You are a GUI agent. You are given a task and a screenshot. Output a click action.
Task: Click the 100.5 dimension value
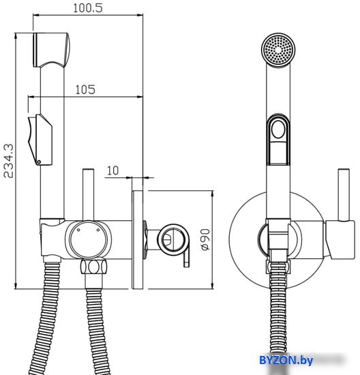(x=88, y=8)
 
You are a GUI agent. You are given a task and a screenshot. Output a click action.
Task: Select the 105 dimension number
(x=85, y=90)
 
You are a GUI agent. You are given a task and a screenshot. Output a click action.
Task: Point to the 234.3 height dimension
(x=9, y=161)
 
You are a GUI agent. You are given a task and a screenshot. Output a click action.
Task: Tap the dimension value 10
(x=112, y=170)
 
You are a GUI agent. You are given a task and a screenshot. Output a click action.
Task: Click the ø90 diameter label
(x=205, y=239)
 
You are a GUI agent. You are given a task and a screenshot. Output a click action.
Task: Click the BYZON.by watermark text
(x=286, y=360)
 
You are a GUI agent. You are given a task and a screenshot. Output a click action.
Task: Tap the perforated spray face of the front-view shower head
(x=278, y=49)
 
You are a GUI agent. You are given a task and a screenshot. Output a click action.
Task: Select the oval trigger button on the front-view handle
(x=278, y=129)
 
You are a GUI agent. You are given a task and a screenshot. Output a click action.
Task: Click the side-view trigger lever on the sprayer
(x=40, y=140)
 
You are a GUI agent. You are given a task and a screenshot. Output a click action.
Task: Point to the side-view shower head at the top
(x=51, y=50)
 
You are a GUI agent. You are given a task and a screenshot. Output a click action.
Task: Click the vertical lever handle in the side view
(x=88, y=194)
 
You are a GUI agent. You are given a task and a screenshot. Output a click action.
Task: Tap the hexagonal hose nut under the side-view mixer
(x=93, y=267)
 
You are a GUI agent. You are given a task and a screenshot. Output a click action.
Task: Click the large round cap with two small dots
(x=88, y=239)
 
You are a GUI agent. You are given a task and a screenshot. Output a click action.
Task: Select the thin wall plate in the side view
(x=137, y=239)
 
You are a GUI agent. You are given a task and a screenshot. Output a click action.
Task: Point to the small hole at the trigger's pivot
(x=39, y=162)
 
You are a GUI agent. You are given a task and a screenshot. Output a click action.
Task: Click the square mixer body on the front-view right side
(x=340, y=239)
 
